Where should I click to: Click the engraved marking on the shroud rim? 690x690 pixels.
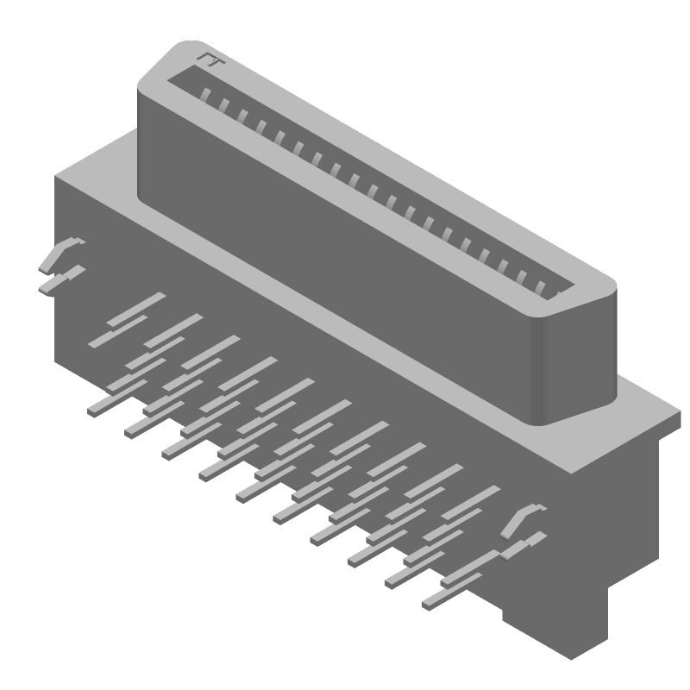click(209, 59)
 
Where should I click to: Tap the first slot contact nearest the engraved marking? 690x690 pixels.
click(205, 93)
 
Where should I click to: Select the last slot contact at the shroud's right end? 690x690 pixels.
click(542, 287)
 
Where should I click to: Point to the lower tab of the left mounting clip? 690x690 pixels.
click(62, 280)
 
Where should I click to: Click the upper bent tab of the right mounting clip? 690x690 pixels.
click(524, 518)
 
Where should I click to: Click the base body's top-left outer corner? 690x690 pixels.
click(57, 177)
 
